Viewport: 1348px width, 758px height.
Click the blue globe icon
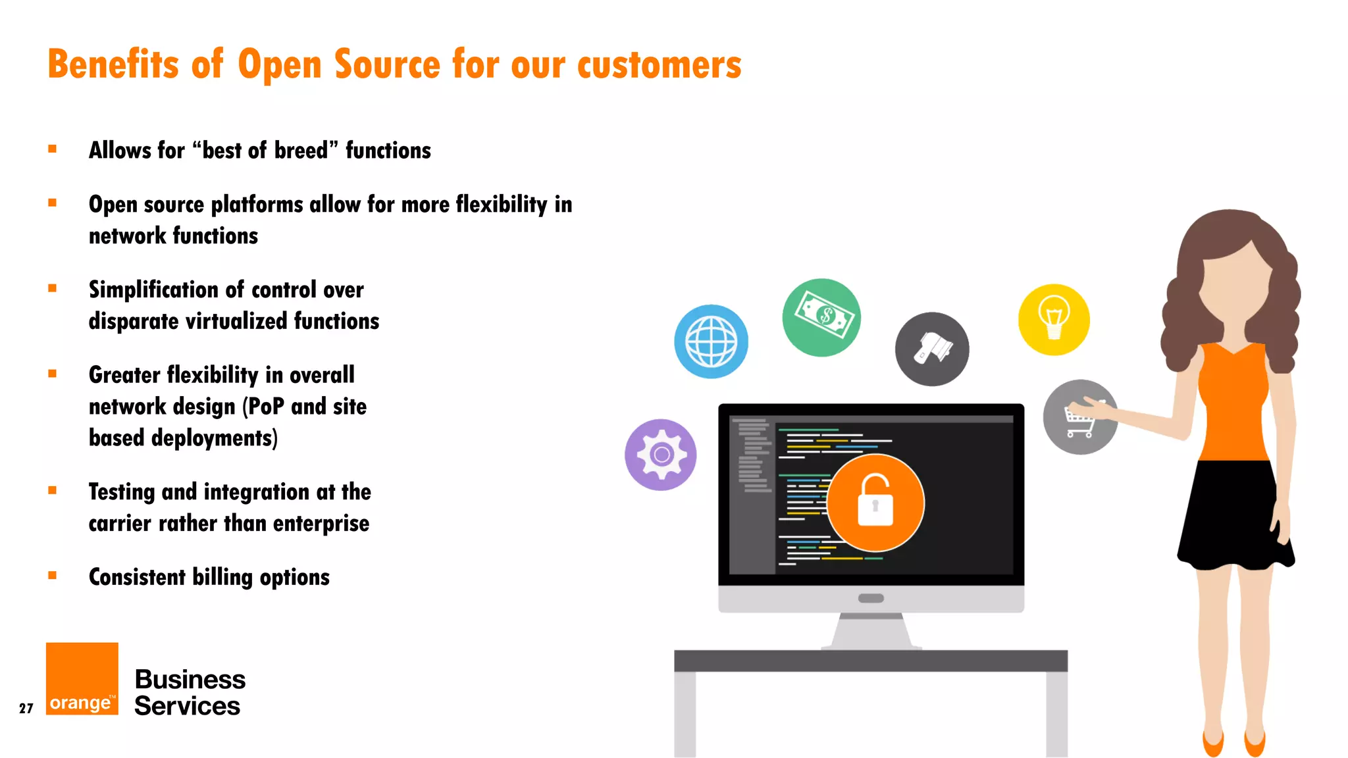tap(711, 341)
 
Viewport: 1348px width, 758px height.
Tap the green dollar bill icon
tap(821, 317)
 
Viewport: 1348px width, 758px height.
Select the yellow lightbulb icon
tap(1054, 320)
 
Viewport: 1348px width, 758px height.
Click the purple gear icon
tap(661, 455)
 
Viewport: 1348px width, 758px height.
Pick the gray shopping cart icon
tap(1080, 417)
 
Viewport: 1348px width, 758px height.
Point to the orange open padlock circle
tap(875, 503)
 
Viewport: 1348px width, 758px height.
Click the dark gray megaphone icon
tap(932, 349)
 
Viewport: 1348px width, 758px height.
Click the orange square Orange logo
tap(82, 678)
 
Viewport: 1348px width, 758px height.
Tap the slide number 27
tap(26, 709)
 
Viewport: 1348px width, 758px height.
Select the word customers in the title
tap(660, 64)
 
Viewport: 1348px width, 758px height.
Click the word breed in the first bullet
tap(301, 151)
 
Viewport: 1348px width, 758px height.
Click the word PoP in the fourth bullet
tap(266, 407)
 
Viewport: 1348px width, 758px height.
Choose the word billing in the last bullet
tap(222, 577)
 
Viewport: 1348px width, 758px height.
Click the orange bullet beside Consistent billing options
tap(53, 576)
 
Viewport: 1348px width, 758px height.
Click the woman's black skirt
tap(1233, 513)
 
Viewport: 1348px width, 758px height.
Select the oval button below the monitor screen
tap(871, 598)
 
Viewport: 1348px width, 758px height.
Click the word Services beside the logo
tap(188, 706)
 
